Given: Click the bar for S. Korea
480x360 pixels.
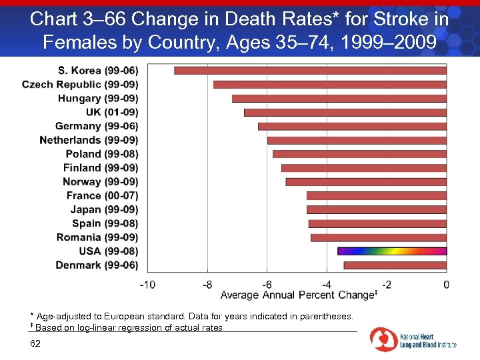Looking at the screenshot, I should click(x=310, y=70).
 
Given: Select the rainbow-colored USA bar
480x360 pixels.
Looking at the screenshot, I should click(x=391, y=251).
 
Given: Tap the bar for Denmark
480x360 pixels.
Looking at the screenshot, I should click(x=395, y=265).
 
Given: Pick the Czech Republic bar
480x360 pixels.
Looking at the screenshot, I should click(x=329, y=84).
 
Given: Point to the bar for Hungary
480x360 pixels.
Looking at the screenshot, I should click(x=339, y=98).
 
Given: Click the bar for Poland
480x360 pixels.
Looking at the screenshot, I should click(x=359, y=154).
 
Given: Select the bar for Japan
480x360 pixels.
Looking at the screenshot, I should click(x=376, y=209).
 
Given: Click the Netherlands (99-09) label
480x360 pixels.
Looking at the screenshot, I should click(x=89, y=140).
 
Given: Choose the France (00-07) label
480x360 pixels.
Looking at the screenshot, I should click(x=102, y=195).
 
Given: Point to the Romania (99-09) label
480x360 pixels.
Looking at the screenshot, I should click(x=97, y=237).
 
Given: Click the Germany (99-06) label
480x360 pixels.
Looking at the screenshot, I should click(x=97, y=126).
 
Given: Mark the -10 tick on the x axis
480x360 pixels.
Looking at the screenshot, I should click(x=147, y=285).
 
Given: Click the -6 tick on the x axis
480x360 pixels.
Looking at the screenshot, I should click(x=267, y=285).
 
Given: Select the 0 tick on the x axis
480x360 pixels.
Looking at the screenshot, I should click(x=446, y=285).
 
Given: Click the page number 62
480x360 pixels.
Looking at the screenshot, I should click(x=35, y=343).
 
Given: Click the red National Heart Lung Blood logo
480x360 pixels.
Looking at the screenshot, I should click(x=384, y=339).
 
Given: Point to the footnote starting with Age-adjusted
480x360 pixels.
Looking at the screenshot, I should click(x=194, y=315).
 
